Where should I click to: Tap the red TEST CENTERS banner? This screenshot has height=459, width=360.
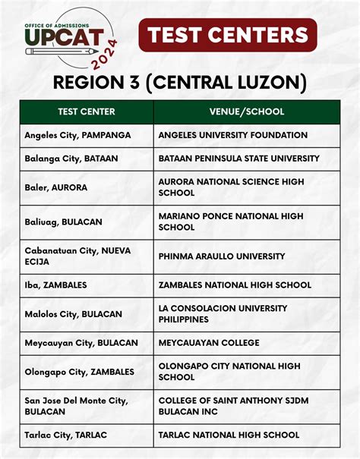click(228, 35)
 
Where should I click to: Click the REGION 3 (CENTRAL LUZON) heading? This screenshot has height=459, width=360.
click(180, 81)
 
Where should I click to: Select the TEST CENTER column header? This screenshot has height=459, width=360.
click(87, 112)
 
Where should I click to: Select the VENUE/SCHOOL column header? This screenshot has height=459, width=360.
click(247, 112)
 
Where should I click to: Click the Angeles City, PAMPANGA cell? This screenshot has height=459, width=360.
click(77, 135)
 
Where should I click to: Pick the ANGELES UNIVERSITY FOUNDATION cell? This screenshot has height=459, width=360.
click(233, 135)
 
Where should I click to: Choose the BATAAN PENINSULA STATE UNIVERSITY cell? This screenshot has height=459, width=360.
click(239, 159)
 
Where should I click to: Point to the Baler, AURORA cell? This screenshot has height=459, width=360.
click(55, 187)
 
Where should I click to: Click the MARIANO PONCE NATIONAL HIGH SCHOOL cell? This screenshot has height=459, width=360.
click(231, 222)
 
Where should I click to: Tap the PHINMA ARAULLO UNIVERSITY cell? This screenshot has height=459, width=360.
click(222, 256)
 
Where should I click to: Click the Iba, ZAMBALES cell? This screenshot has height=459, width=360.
click(55, 285)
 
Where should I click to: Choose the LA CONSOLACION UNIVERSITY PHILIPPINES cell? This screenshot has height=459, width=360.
click(223, 313)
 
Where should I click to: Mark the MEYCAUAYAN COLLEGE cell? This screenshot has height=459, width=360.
click(209, 343)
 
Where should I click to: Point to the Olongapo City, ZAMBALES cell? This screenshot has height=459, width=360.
click(79, 372)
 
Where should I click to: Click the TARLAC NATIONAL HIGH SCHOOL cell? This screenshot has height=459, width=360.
click(229, 435)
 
